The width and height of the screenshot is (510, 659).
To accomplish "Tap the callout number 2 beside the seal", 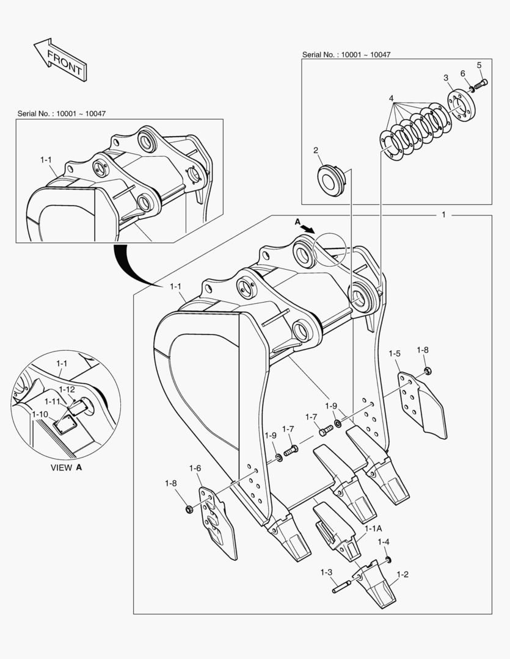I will pos(316,151).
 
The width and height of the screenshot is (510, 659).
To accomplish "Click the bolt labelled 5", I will pos(479,83).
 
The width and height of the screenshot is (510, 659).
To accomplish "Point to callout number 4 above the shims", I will pos(391,98).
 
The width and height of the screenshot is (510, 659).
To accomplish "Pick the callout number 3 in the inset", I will pos(446,77).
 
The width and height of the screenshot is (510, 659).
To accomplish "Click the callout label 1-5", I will pos(395,353).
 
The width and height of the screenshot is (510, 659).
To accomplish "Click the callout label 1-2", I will pos(403,574).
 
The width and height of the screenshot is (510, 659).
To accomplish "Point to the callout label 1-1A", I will pos(373,528).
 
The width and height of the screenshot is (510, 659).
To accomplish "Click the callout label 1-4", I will pos(383,542).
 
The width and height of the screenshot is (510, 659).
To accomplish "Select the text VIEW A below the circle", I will pos(65,467).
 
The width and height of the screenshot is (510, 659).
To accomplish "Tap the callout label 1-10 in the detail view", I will pos(39,414).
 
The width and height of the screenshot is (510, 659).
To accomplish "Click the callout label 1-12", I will pos(67,389).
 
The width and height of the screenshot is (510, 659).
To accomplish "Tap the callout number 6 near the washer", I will pos(463,74).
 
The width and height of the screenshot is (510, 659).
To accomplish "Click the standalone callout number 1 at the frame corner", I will pos(443,215).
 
